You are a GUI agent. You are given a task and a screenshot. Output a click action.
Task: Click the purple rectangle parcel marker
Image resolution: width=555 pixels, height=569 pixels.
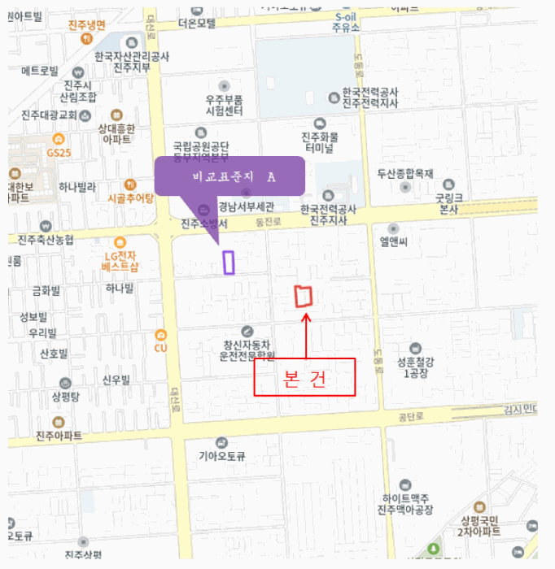tap(229, 262)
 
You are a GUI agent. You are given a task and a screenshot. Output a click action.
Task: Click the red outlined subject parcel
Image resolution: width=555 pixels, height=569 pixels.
tap(304, 297)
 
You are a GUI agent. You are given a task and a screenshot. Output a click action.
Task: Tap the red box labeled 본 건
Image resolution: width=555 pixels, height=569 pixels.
tap(304, 378)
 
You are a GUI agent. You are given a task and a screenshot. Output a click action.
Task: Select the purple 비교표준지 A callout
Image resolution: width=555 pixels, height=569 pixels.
tap(229, 176)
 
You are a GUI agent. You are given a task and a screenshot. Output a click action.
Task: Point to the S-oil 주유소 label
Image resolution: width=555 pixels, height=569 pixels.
tap(347, 22)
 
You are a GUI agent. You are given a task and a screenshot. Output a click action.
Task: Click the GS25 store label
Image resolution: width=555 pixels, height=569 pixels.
tap(59, 152)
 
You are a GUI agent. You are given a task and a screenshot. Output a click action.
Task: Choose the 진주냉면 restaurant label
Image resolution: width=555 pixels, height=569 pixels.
tap(87, 24)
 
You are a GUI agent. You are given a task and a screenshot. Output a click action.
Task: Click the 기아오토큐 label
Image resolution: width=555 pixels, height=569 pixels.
tap(222, 456)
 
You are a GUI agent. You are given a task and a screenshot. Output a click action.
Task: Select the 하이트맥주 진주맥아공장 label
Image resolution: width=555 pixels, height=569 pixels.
tap(404, 504)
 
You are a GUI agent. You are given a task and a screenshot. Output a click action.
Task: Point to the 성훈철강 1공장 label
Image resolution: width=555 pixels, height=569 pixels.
tap(416, 367)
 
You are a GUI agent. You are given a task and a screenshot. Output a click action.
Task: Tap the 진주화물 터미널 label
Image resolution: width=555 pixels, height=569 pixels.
tap(320, 141)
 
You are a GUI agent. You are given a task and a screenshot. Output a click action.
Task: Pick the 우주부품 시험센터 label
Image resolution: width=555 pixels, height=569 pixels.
tap(225, 105)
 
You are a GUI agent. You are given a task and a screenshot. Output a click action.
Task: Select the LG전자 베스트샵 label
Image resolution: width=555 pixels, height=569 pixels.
tap(120, 261)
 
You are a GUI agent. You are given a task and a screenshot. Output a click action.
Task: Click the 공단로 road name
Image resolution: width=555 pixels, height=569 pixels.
tap(413, 416)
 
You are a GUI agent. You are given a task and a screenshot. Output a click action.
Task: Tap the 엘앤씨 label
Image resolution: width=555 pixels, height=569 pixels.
tap(394, 241)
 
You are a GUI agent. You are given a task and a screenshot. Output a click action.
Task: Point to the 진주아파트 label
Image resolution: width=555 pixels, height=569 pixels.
tap(59, 436)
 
